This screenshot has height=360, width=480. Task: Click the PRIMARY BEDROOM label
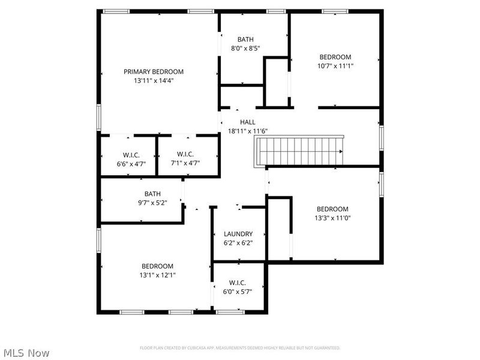point(154,71)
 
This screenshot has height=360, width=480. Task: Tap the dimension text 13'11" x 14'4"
point(154,80)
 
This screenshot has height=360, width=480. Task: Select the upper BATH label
point(245,40)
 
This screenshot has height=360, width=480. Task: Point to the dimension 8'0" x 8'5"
point(245,49)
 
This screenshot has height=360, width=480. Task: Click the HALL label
point(247,122)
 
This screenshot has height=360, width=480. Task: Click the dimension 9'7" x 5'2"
point(152,202)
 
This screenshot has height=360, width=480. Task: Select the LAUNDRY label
point(238,234)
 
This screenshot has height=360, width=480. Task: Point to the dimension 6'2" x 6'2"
point(238,243)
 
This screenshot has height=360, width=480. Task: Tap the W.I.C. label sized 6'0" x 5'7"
point(238,283)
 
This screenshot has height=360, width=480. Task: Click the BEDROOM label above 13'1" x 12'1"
point(157,266)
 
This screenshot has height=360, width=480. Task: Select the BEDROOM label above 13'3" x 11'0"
point(332,209)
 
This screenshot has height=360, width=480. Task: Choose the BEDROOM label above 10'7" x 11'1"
point(335,57)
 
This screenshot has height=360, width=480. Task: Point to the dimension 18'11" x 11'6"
point(247,131)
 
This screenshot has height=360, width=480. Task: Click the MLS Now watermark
point(25,353)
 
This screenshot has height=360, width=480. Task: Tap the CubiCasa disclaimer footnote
point(240,348)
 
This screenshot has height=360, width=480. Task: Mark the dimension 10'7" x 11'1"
point(335,66)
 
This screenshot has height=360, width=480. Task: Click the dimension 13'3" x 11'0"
point(332,218)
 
